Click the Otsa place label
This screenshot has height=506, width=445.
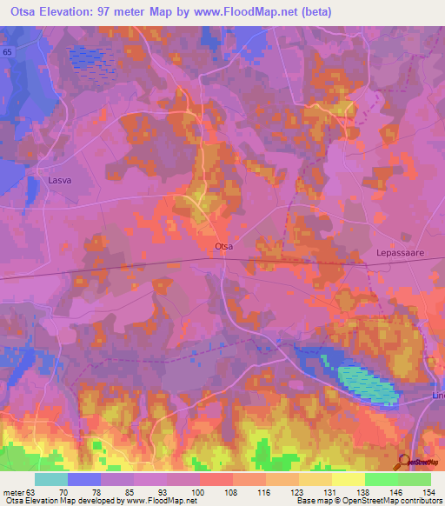point(223,247)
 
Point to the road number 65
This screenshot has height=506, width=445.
point(7,53)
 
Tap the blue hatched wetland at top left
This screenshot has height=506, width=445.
point(90,57)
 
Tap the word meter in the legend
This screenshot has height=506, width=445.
point(12,491)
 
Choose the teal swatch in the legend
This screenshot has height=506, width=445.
point(51,479)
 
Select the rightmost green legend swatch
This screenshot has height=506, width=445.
point(415,479)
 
